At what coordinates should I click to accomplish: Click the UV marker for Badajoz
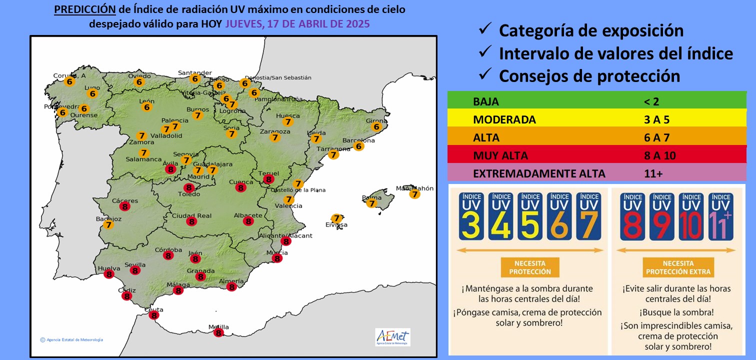point(108,225)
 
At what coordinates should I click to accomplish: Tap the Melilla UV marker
point(218,332)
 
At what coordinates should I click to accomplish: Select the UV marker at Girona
point(377,127)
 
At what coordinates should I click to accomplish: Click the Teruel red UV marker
point(269,179)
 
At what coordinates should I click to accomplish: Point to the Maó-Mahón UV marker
point(414,194)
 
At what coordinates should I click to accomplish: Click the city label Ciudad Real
point(191,216)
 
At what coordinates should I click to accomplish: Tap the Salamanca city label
point(143,159)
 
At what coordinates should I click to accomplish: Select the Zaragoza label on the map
point(274,131)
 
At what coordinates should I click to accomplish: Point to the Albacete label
point(248,215)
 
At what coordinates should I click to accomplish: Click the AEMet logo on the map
point(392,336)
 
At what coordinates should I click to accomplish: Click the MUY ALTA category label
point(500,155)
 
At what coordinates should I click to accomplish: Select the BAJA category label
point(485,101)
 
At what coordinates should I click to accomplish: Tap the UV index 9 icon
point(663,216)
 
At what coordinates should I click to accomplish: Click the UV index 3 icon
point(472,216)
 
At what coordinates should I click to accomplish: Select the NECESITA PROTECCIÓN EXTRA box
point(677,267)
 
